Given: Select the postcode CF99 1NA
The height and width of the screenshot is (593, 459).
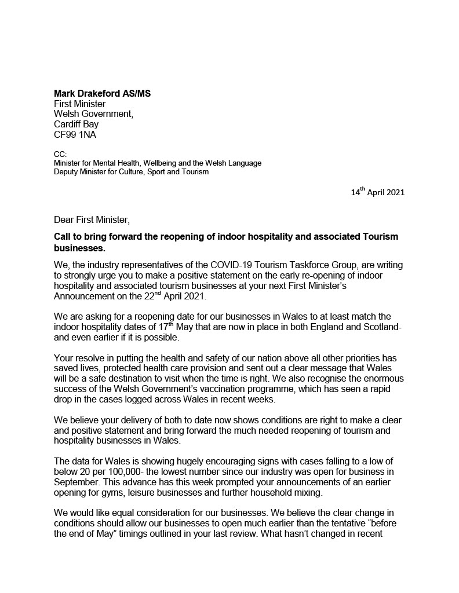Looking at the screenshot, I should click(76, 135).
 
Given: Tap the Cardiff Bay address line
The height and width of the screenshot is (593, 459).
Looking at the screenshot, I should click(76, 125).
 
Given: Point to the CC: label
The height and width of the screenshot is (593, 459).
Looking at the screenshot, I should click(60, 155).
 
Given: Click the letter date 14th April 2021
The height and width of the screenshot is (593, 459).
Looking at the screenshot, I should click(377, 193).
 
